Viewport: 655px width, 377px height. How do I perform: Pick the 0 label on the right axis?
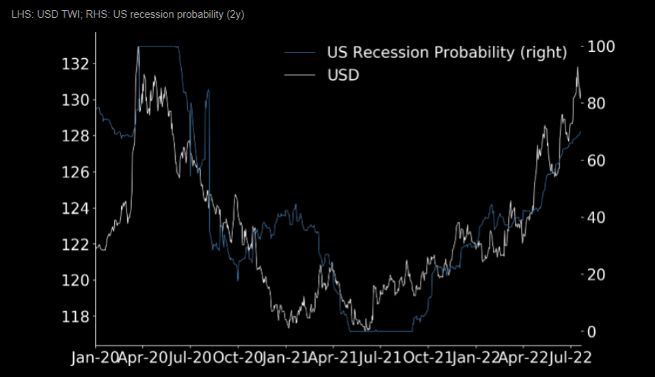tap(592, 332)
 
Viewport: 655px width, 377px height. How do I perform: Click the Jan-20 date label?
tap(96, 358)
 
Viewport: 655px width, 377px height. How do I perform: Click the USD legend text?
tap(343, 74)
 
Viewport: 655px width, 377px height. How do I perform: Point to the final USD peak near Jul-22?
tap(578, 67)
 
